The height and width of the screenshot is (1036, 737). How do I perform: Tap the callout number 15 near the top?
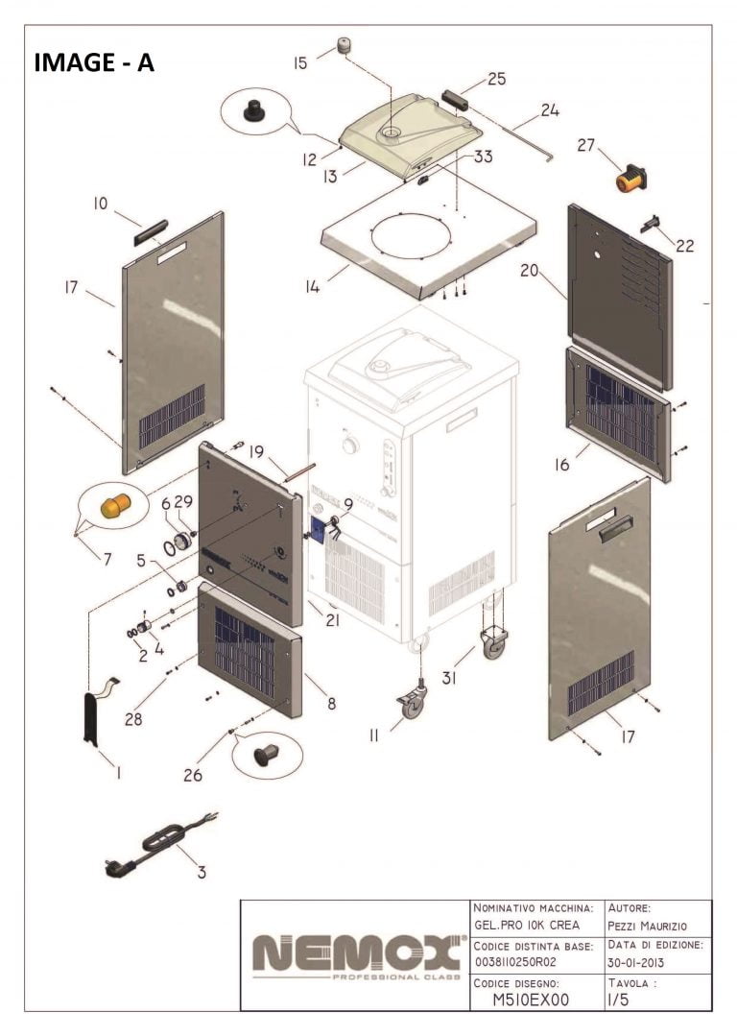coord(301,63)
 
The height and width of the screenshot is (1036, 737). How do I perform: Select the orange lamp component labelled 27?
coord(631,179)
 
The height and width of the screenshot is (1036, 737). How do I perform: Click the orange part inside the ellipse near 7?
coord(114,505)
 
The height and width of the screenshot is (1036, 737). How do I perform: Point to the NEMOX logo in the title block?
coord(354,954)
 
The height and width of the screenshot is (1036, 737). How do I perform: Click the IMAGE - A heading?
coord(93,62)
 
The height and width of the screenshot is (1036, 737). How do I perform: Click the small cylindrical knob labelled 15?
coord(343,46)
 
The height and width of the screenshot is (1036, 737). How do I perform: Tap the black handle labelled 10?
coord(152,230)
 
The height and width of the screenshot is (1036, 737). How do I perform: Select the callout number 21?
coord(332,620)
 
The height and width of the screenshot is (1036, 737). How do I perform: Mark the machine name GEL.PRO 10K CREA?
coord(527,925)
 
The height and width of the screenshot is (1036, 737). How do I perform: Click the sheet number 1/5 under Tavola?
coord(619,1000)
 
